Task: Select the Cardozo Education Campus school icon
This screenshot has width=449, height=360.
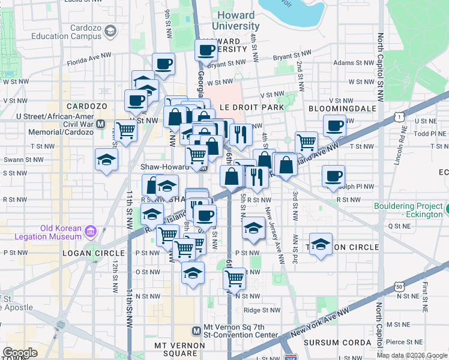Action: (110, 31)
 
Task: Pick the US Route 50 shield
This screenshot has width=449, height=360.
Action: (400, 288)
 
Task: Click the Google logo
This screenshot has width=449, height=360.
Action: (20, 353)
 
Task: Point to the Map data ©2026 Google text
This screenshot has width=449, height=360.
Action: (412, 355)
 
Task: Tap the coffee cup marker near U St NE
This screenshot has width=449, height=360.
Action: (334, 125)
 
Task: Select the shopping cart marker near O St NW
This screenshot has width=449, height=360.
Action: (234, 277)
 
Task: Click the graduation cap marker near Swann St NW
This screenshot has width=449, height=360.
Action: (106, 160)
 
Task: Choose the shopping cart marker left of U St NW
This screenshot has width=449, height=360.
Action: (125, 129)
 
